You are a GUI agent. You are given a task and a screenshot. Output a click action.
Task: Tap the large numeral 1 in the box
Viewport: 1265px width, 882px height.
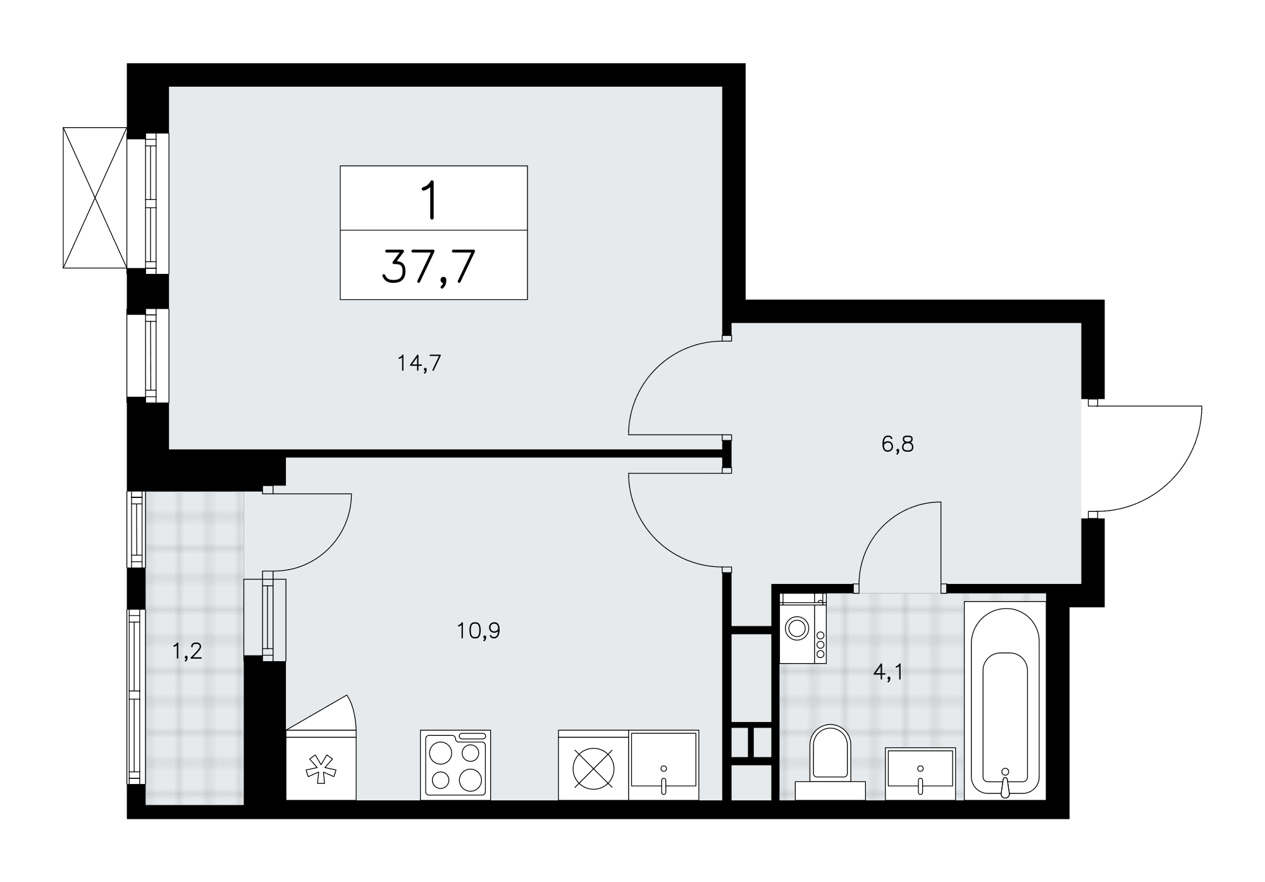pos(431,199)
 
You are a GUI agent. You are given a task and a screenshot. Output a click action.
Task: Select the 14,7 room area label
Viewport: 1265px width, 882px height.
pos(419,364)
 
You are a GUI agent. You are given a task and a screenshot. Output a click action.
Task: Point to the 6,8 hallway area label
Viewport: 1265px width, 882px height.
pos(898,445)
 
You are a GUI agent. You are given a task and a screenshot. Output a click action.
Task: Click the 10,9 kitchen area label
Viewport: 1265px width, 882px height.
pos(479,631)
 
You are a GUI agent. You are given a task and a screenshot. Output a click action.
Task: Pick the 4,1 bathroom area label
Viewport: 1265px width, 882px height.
pos(889,672)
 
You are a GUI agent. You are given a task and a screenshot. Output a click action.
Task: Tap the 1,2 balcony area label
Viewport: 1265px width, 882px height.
pos(187,651)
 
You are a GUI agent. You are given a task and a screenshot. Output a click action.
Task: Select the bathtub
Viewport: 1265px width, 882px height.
pos(1004,700)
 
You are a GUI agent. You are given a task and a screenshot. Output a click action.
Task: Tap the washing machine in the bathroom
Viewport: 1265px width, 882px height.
pos(803,629)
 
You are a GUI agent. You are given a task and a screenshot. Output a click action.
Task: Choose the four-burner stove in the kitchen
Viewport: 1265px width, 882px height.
pos(455,764)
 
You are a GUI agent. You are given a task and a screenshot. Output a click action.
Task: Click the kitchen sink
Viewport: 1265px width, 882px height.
pos(663,765)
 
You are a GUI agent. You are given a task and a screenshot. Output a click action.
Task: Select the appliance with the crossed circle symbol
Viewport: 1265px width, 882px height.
pos(593,765)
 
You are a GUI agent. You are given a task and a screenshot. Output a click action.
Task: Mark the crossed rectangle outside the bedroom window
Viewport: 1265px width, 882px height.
pos(95,197)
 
